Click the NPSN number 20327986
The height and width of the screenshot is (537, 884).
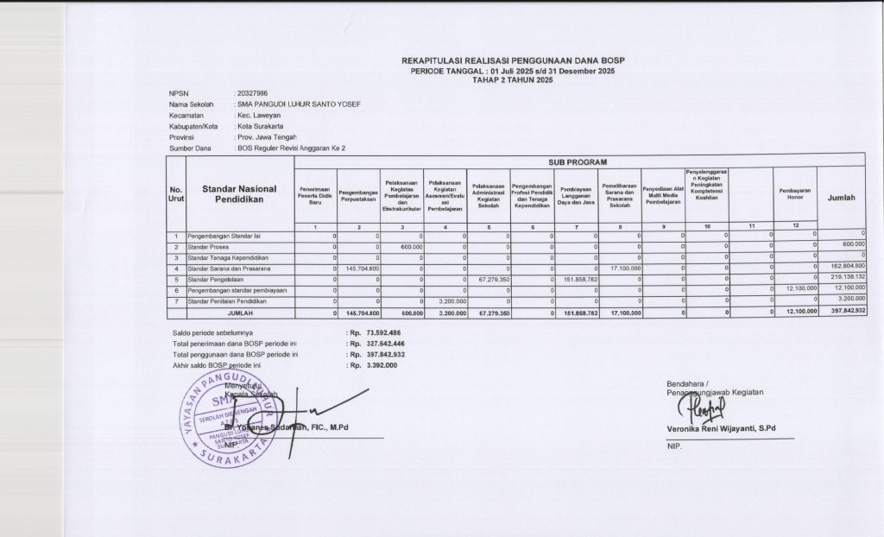coord(251,92)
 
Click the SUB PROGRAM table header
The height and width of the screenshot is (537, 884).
coord(578,161)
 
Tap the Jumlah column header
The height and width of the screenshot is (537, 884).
coord(841,198)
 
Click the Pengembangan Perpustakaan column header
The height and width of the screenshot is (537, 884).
coord(359,194)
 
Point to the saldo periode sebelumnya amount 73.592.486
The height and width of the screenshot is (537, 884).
coord(383,332)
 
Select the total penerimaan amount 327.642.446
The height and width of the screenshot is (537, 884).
coord(385,344)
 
